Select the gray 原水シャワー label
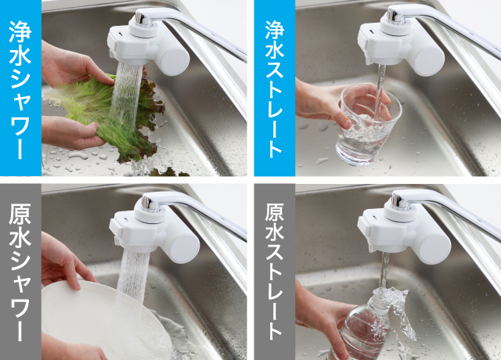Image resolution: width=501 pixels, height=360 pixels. click(20, 272)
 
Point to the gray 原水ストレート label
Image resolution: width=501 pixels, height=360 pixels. click(274, 272)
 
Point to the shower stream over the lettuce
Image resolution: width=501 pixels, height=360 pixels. click(125, 95)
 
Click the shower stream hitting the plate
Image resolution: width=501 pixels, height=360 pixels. click(132, 281)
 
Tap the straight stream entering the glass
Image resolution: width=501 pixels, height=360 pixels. click(380, 92)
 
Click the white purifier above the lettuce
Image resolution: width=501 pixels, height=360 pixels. click(148, 45)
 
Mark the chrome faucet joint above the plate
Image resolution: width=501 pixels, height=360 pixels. click(150, 203)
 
